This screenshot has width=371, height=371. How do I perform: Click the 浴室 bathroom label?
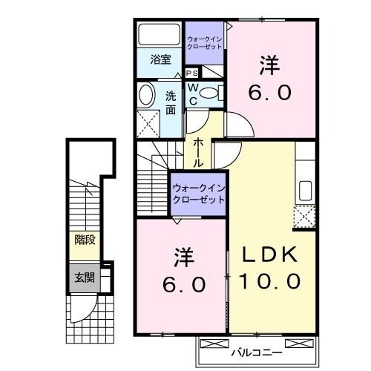point(161,59)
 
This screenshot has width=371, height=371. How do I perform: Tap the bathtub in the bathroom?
point(159,36)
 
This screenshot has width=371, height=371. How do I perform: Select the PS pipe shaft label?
point(191,73)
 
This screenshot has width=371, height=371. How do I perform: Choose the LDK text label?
point(270,255)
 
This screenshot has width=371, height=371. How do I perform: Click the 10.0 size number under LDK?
point(270,281)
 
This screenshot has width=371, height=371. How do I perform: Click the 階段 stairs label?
point(84,240)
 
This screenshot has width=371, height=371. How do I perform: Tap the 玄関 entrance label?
point(84,278)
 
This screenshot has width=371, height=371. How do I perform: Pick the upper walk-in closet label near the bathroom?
point(203,42)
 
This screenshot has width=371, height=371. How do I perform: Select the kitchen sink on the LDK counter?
point(304,190)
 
